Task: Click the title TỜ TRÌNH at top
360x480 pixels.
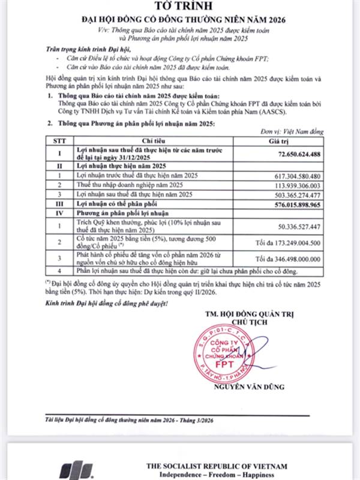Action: pos(180,8)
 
